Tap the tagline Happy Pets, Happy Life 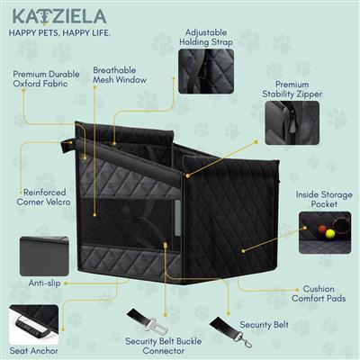[59, 35]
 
